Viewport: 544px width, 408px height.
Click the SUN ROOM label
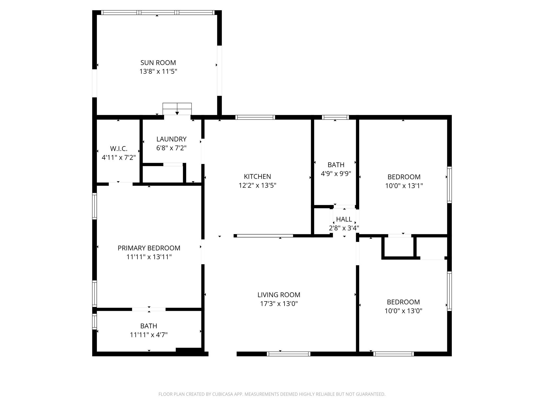[158, 63]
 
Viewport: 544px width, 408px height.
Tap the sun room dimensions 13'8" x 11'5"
[158, 71]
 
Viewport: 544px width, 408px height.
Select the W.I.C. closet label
[119, 148]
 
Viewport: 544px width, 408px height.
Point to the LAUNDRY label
[171, 139]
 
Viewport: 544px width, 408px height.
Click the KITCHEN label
[257, 177]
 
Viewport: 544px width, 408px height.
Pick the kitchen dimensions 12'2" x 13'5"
[257, 185]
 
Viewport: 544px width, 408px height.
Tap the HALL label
[344, 219]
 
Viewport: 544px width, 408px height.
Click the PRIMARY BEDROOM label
[149, 248]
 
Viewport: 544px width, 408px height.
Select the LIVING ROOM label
[279, 295]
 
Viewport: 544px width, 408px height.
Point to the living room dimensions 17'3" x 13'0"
[279, 304]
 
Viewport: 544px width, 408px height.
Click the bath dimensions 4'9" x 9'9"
[336, 174]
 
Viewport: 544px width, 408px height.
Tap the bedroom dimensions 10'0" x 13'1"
[404, 186]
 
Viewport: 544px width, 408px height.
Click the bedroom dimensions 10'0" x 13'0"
[403, 311]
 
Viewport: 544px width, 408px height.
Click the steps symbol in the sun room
[177, 108]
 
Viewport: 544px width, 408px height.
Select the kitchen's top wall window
[255, 117]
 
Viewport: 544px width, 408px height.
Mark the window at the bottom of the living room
[288, 354]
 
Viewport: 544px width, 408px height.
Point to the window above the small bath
[335, 117]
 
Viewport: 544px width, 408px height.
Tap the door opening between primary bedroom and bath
[149, 309]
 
